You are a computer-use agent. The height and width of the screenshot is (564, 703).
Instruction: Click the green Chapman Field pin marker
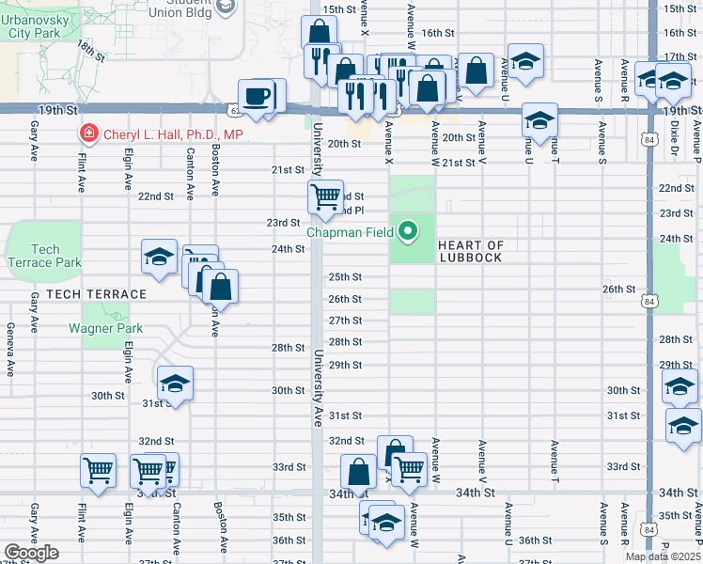pyautogui.click(x=408, y=230)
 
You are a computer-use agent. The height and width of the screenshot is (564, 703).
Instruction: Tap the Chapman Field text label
pyautogui.click(x=352, y=231)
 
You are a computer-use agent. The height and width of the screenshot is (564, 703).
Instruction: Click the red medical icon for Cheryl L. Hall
pyautogui.click(x=89, y=135)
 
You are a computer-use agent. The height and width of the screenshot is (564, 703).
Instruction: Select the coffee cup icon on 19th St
pyautogui.click(x=257, y=95)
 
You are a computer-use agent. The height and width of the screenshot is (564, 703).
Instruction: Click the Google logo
pyautogui.click(x=31, y=553)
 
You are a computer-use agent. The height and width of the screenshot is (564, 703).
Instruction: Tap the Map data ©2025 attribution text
pyautogui.click(x=662, y=556)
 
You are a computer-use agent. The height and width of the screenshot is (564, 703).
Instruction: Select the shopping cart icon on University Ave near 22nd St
pyautogui.click(x=325, y=196)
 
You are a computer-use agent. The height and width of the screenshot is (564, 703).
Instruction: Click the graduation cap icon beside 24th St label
pyautogui.click(x=160, y=256)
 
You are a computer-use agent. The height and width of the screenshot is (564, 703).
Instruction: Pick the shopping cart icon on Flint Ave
pyautogui.click(x=99, y=470)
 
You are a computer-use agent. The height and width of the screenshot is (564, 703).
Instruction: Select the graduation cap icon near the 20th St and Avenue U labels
pyautogui.click(x=539, y=119)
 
